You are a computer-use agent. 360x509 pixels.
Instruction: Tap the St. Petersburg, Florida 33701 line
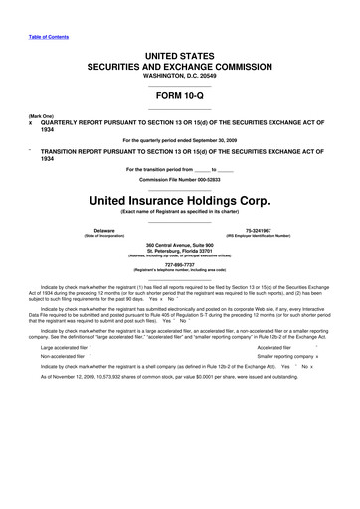[x=179, y=251]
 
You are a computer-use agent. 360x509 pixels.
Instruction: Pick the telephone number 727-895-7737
[x=179, y=264]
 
